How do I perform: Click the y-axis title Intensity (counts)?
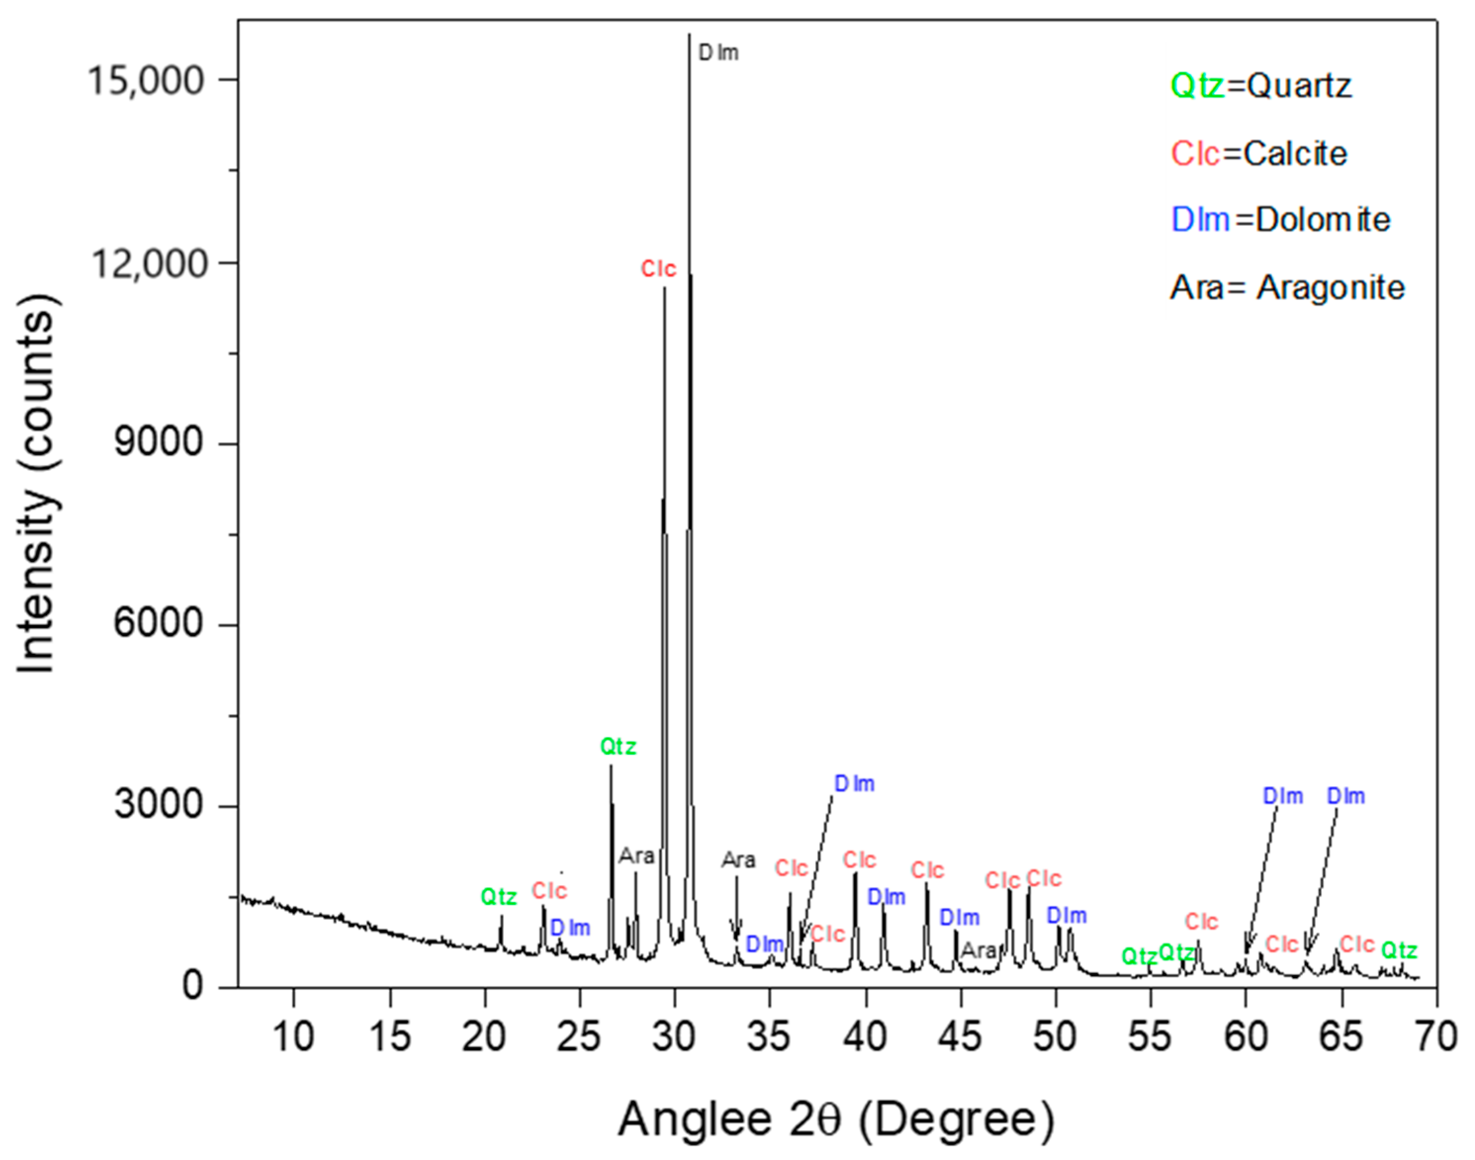tap(38, 483)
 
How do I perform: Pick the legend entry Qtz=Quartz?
tap(1260, 86)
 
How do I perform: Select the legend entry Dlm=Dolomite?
tap(1281, 220)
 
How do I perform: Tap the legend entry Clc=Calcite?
tap(1258, 154)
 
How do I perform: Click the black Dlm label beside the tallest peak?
tap(719, 53)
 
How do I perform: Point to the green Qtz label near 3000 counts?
tap(618, 747)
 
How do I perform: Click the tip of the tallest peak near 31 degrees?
tap(689, 34)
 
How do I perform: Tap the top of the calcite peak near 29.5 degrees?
tap(664, 289)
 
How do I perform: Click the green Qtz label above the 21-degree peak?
tap(499, 897)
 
